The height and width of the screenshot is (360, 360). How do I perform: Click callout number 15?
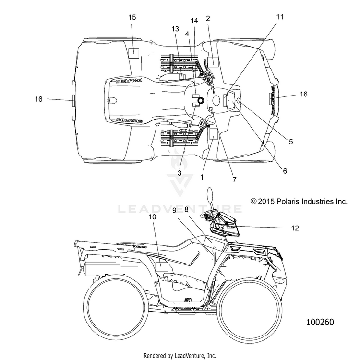[x=132, y=17]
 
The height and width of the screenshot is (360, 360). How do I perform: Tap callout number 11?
[x=280, y=17]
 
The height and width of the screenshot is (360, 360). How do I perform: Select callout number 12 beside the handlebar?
[x=295, y=228]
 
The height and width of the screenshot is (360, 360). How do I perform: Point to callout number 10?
[x=153, y=217]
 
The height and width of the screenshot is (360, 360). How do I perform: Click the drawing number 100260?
[x=320, y=322]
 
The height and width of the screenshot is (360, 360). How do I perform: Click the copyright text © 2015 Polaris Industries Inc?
[x=299, y=201]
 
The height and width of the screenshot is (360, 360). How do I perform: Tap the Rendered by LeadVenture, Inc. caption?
[x=180, y=356]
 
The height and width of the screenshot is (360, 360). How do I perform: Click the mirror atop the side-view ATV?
[x=210, y=195]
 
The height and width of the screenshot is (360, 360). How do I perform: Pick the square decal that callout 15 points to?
[x=133, y=53]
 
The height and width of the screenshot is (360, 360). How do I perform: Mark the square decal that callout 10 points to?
[x=162, y=266]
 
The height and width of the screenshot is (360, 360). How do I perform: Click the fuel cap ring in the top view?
[x=201, y=100]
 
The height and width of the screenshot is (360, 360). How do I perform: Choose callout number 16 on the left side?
[x=38, y=99]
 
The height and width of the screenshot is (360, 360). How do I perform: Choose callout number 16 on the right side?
[x=303, y=94]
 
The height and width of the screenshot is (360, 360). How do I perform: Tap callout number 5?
[x=291, y=142]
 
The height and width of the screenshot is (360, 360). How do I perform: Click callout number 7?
[x=234, y=180]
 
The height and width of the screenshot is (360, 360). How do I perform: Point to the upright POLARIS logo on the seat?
[x=129, y=120]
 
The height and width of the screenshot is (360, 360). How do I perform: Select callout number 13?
[x=175, y=29]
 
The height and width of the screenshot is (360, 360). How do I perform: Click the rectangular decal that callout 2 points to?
[x=213, y=61]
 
